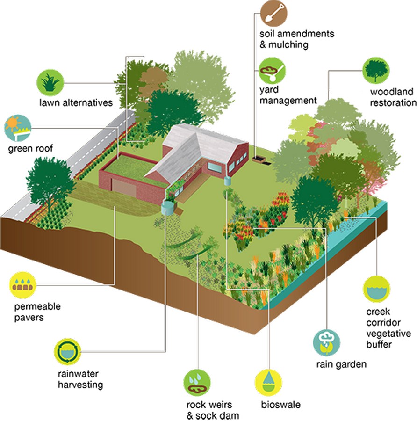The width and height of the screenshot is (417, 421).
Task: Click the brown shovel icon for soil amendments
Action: pos(273,14)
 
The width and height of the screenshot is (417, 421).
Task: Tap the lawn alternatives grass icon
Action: pos(50,82)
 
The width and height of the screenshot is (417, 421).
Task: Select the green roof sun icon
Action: pos(18,128)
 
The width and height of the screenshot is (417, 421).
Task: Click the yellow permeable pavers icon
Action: pos(22,285)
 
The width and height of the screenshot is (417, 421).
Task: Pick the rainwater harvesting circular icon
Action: pos(67,351)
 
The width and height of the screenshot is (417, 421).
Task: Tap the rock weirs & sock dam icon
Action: pos(197,383)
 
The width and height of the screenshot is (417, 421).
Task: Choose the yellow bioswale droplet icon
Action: pos(268,383)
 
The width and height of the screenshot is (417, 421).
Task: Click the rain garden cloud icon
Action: pos(327,342)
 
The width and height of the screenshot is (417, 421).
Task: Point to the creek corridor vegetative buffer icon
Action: pos(376,289)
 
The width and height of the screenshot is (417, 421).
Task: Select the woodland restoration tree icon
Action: pos(376,71)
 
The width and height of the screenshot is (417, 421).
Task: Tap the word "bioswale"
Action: pos(280,405)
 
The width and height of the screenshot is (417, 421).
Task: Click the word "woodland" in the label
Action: pos(391,92)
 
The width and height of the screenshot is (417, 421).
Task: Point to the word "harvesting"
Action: pos(80,385)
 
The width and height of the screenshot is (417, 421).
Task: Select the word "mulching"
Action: pos(288,45)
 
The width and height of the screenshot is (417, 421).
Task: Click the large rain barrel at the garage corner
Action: pos(167,208)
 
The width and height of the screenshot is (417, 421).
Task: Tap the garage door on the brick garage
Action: pos(124,188)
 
